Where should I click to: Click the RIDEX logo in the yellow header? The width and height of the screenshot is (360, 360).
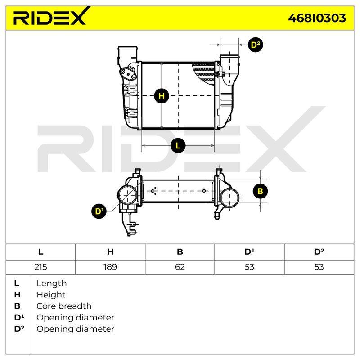[x=51, y=16]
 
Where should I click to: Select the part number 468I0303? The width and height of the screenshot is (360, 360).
[x=317, y=18]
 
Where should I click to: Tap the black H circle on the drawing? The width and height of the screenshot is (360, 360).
[x=162, y=96]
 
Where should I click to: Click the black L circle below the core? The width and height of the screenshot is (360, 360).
[x=178, y=145]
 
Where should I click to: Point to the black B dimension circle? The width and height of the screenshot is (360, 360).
[x=260, y=191]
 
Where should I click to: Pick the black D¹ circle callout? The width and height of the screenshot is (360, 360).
[x=99, y=211]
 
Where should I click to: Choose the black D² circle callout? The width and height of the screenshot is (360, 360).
[x=256, y=45]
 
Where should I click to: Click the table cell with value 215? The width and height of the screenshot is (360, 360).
[x=40, y=267]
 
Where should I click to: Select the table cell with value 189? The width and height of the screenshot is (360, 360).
[x=110, y=267]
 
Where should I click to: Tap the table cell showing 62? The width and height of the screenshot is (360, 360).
[x=180, y=267]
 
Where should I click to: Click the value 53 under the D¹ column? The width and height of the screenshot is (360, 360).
[x=249, y=267]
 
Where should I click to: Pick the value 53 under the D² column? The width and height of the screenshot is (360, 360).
[x=319, y=267]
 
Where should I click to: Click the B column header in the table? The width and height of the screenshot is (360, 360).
[x=180, y=252]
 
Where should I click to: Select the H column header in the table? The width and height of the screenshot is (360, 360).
[x=110, y=252]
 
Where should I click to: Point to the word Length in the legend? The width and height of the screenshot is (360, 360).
[x=52, y=283]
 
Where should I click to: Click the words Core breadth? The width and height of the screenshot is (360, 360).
[x=64, y=306]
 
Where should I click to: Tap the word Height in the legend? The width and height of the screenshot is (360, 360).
[x=51, y=295]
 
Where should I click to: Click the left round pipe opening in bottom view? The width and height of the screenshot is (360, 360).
[x=127, y=195]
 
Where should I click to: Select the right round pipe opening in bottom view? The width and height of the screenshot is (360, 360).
[x=229, y=198]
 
